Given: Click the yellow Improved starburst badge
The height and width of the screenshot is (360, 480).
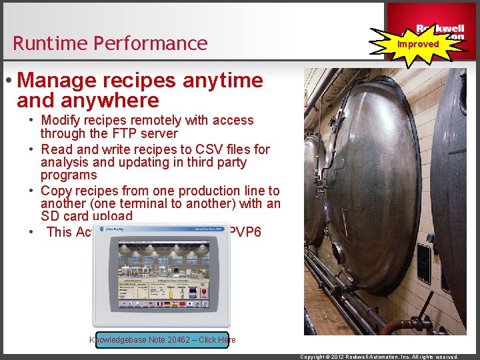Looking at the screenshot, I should [418, 43].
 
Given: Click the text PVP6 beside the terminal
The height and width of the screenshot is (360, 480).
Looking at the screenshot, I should [245, 231].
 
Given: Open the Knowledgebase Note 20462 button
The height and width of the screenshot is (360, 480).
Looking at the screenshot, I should [162, 340].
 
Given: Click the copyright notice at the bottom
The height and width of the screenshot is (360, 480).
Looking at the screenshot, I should [379, 357].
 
